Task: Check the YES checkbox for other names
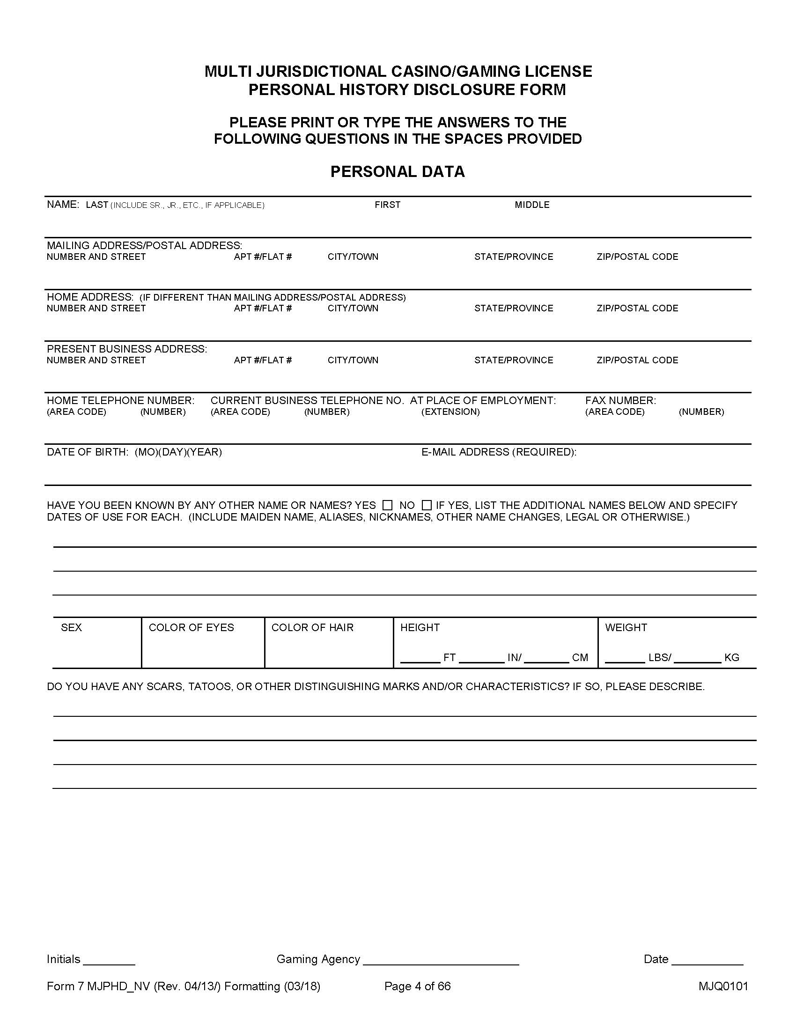tap(387, 505)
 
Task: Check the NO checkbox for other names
tap(426, 505)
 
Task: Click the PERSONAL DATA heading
tap(398, 172)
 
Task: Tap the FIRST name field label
tap(387, 205)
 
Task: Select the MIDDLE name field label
tap(532, 205)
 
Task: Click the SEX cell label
tap(71, 627)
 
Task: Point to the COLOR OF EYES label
tap(191, 627)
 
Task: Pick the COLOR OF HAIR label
tap(312, 627)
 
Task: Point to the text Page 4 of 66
tap(417, 986)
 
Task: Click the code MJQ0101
tap(723, 986)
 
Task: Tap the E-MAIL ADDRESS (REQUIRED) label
tap(499, 452)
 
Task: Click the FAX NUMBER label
tap(620, 400)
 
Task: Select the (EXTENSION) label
tap(450, 412)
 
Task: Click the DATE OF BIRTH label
tap(87, 452)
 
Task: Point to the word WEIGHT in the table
tap(626, 627)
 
